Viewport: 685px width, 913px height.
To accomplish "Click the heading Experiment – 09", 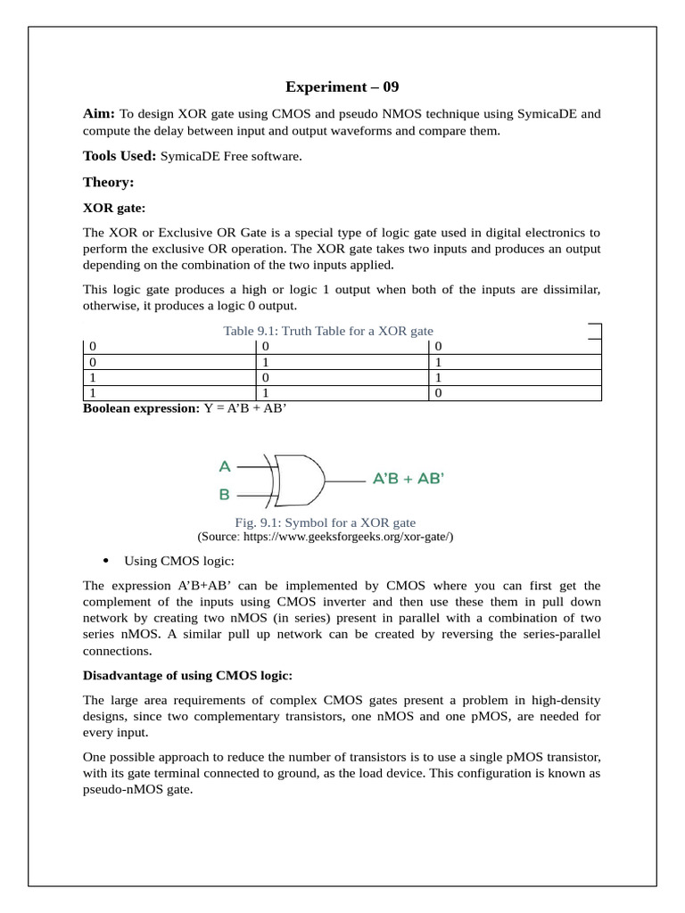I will click(342, 86).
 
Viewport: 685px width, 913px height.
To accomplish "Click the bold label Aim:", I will click(99, 114).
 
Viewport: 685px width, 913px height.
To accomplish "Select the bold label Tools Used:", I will click(120, 156).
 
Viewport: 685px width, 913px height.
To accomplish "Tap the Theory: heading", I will click(108, 182).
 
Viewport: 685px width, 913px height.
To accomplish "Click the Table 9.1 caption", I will click(327, 331).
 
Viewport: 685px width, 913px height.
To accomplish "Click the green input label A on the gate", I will click(225, 466).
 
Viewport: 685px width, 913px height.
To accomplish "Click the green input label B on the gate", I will click(225, 493).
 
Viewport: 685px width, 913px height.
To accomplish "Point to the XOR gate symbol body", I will click(300, 480).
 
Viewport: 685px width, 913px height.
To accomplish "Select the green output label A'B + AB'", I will click(408, 479).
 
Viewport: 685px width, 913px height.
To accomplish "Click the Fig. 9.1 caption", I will click(326, 522).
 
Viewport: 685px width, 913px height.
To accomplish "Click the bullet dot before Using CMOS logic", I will click(106, 561).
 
